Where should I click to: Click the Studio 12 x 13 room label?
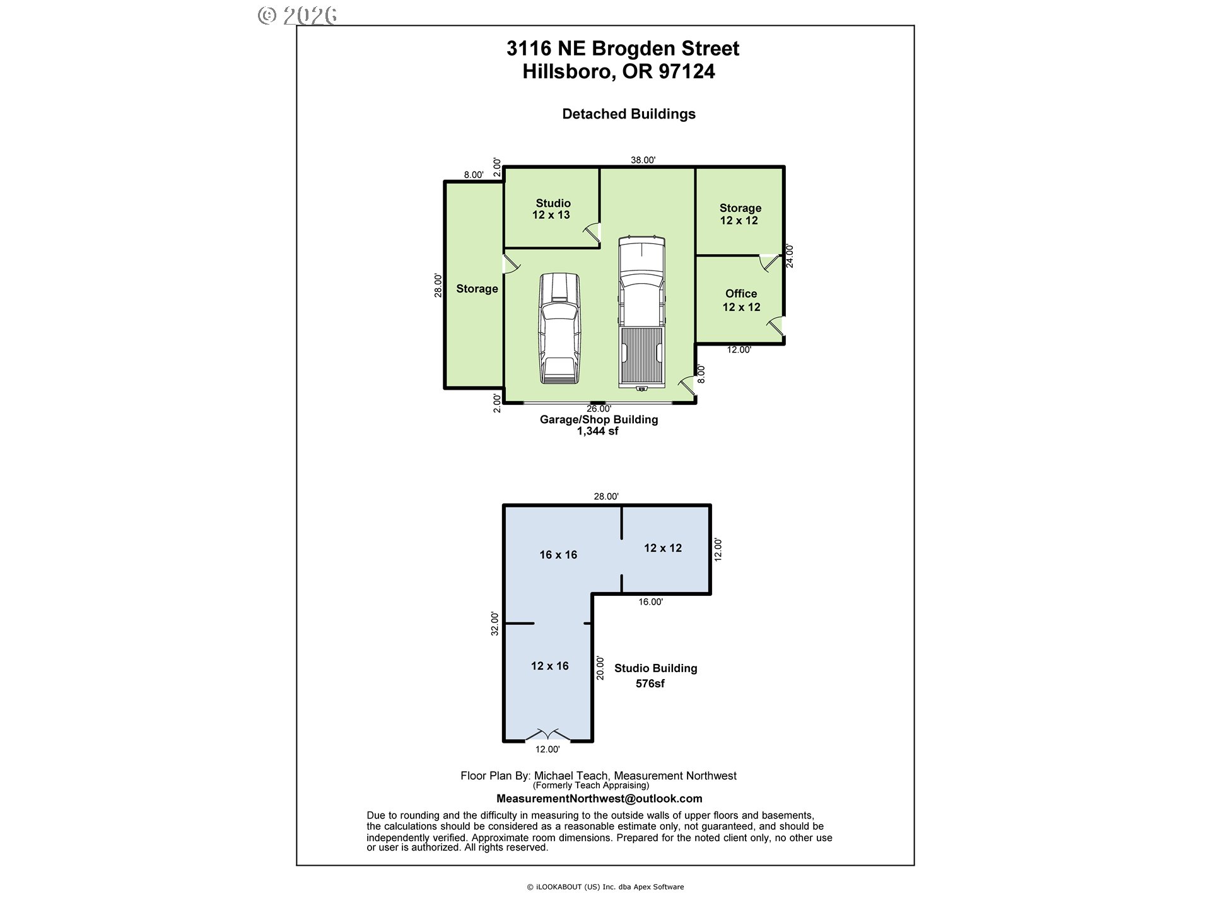tap(552, 209)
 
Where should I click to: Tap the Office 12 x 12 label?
tap(741, 300)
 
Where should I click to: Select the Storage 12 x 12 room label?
tap(740, 214)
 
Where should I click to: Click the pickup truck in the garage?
tap(641, 313)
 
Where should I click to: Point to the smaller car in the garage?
tap(559, 329)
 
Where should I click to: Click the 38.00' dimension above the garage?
tap(643, 160)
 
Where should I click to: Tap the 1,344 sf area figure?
tap(597, 431)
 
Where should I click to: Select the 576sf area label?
tap(650, 684)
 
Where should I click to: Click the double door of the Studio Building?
tap(548, 735)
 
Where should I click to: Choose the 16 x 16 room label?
tap(558, 555)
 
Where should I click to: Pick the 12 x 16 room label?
tap(549, 666)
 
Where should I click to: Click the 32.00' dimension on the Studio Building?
tap(495, 624)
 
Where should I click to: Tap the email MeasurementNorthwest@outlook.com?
tap(599, 798)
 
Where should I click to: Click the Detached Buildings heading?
tap(629, 114)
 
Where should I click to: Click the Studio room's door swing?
tap(592, 233)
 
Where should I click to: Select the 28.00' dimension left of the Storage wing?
tap(438, 285)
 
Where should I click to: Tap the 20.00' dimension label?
tap(600, 668)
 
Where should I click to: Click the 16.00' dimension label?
tap(650, 602)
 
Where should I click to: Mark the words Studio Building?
tap(656, 668)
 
